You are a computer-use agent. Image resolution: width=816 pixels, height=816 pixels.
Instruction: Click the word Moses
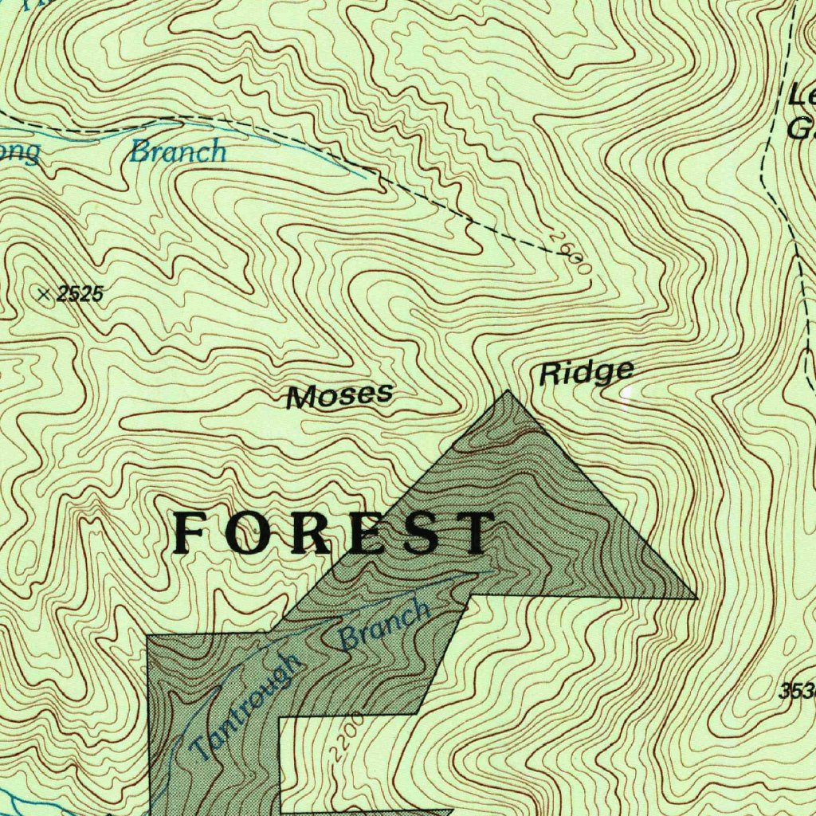[339, 395]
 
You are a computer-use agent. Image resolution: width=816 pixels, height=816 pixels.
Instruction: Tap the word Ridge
[587, 372]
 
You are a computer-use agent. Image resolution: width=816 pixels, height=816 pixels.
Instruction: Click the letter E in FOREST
[363, 533]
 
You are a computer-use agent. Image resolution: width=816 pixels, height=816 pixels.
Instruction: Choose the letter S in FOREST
[419, 533]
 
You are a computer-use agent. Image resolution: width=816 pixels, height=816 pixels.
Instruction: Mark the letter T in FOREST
[473, 533]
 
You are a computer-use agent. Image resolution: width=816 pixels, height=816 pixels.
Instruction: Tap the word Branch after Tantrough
[385, 626]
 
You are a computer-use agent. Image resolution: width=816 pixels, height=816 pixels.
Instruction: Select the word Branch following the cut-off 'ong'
[178, 151]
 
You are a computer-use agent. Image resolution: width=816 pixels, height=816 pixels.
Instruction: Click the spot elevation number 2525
[80, 294]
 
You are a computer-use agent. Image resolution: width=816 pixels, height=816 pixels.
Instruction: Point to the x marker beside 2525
[44, 295]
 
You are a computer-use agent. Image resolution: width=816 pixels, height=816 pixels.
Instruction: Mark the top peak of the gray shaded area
[508, 392]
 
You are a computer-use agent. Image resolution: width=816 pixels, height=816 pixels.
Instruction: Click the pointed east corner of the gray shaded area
[695, 597]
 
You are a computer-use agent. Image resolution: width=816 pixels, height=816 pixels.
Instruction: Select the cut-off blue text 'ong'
[19, 152]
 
